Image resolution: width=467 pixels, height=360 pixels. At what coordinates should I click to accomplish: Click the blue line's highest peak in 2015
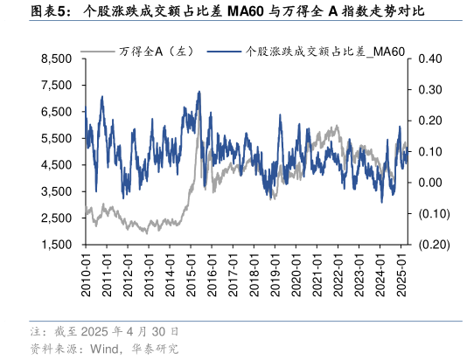click(199, 91)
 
